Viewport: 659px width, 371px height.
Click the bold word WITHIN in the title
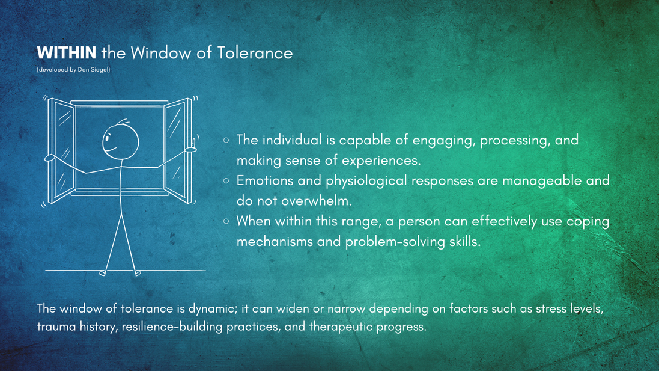click(67, 53)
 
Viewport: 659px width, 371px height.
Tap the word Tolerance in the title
click(255, 53)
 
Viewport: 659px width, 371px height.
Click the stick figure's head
click(121, 141)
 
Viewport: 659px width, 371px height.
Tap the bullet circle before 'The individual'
click(226, 140)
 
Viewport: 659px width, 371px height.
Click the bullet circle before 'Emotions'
click(226, 181)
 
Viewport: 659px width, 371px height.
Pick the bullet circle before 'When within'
click(226, 221)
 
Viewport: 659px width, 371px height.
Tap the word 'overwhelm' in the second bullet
click(315, 201)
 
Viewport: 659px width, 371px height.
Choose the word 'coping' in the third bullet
click(588, 222)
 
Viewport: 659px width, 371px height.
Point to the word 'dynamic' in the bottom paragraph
click(213, 309)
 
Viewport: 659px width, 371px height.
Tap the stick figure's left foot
click(103, 274)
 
